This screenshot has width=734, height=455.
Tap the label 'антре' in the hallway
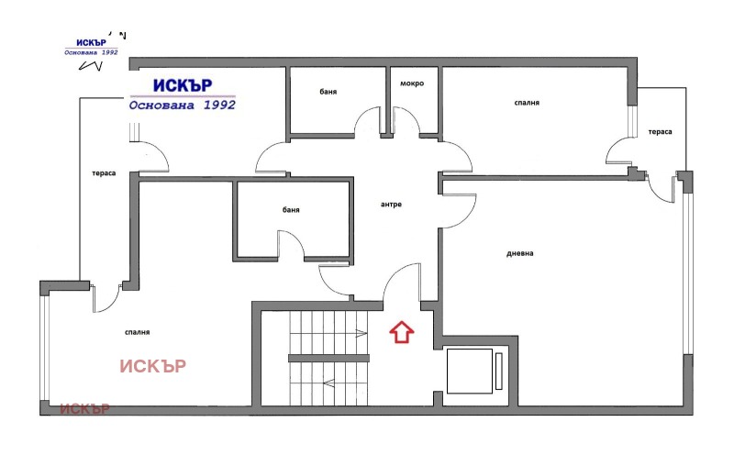(x=391, y=204)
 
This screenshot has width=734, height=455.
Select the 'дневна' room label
(x=519, y=253)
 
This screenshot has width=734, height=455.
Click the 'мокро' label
(x=411, y=83)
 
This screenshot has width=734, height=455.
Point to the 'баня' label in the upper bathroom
(x=328, y=91)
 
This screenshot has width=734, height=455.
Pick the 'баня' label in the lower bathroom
(x=291, y=210)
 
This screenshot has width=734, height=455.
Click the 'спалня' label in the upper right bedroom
(x=527, y=103)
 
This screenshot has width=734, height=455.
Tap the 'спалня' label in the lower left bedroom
(x=137, y=332)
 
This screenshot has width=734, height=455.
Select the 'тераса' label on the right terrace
(x=660, y=132)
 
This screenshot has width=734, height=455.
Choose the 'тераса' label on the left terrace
(x=103, y=173)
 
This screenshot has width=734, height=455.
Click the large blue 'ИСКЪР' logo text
(x=183, y=84)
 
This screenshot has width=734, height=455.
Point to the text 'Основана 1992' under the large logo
(x=183, y=105)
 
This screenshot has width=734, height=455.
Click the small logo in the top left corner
(x=91, y=48)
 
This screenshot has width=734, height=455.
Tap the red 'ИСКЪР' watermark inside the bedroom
(x=152, y=366)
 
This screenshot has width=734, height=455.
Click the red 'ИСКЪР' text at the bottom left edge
(x=84, y=408)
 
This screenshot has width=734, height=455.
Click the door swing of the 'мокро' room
(x=406, y=121)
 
